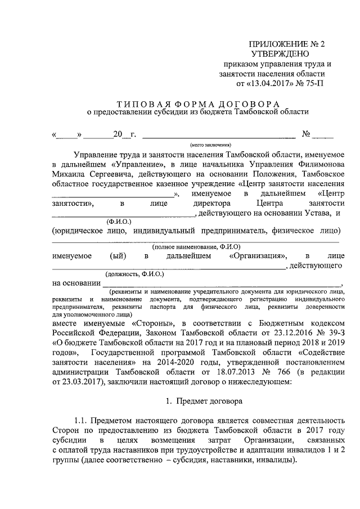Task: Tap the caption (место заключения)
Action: point(218,143)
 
